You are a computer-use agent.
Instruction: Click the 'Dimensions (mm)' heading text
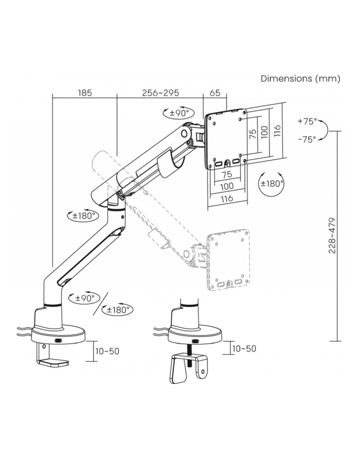click(x=300, y=79)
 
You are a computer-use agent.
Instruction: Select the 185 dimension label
click(x=85, y=93)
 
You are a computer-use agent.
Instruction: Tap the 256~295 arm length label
click(x=160, y=93)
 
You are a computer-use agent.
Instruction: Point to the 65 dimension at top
click(x=215, y=93)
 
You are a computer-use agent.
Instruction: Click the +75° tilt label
click(x=307, y=121)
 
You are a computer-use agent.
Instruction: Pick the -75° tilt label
click(x=307, y=139)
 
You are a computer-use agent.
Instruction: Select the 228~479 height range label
click(x=332, y=235)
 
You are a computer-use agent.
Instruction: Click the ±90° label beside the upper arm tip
click(x=179, y=113)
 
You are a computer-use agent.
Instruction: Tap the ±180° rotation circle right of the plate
click(x=272, y=184)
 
